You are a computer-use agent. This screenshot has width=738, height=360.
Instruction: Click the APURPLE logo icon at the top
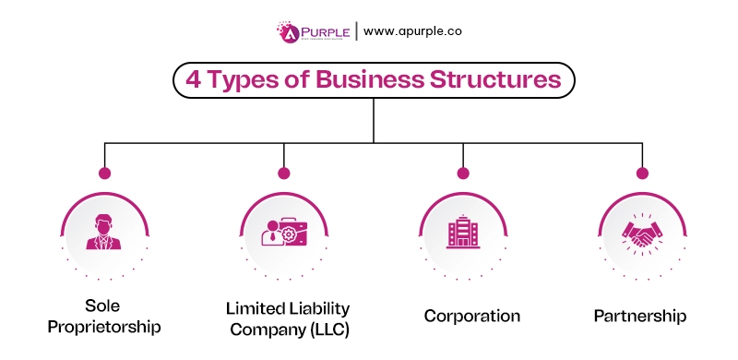(x=289, y=31)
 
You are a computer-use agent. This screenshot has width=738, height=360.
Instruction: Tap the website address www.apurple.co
(x=412, y=31)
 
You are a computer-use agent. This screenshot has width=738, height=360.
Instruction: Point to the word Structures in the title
(x=492, y=80)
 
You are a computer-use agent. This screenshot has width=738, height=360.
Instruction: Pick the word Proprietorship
(x=104, y=327)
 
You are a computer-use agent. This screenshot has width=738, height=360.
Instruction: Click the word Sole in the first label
(x=104, y=306)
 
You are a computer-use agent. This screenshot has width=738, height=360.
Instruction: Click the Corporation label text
(x=471, y=316)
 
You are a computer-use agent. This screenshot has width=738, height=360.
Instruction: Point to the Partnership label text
(x=639, y=316)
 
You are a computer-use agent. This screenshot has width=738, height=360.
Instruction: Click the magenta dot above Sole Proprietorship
(x=104, y=173)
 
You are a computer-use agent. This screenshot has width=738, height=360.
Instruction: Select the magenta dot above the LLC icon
(x=283, y=173)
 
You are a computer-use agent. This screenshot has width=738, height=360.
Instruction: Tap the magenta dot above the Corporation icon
(x=462, y=173)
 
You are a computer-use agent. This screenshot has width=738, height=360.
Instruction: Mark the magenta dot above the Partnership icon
(x=641, y=173)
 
